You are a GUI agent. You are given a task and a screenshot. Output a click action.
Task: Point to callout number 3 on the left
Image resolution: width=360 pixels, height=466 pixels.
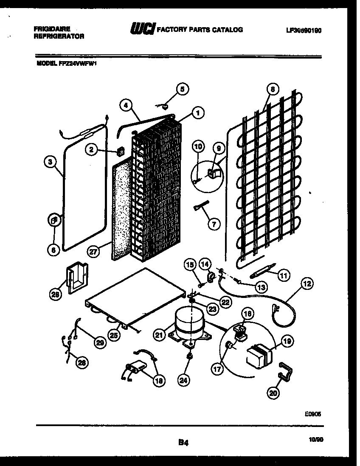pyautogui.click(x=51, y=161)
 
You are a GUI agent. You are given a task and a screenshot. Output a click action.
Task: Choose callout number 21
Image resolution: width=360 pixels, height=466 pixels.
pyautogui.click(x=159, y=335)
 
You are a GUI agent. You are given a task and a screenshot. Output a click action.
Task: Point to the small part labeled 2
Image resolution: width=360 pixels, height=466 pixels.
pyautogui.click(x=120, y=151)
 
